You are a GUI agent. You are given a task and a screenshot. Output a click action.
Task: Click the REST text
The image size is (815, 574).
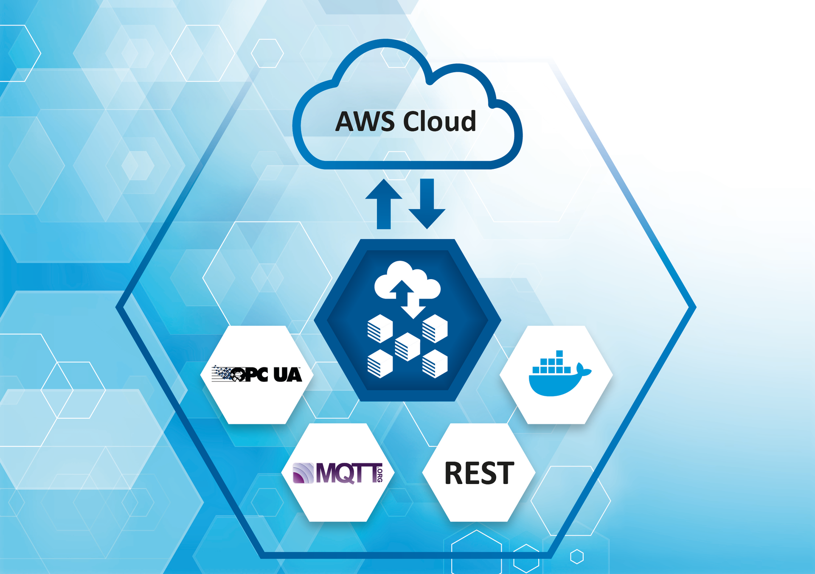click(479, 473)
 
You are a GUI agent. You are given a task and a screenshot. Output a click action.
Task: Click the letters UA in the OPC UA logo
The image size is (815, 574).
click(287, 375)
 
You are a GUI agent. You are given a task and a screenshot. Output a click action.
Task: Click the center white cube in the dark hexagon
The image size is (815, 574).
click(407, 346)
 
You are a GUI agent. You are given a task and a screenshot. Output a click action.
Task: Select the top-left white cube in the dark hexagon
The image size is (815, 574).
click(380, 328)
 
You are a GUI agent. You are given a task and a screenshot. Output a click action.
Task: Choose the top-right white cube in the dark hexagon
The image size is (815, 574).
click(435, 328)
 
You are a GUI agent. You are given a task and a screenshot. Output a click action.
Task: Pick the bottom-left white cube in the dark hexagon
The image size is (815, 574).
click(380, 364)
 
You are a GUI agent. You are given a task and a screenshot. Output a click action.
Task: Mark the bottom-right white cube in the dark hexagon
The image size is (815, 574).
click(435, 364)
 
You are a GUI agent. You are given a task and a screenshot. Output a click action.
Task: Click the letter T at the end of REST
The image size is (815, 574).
click(506, 473)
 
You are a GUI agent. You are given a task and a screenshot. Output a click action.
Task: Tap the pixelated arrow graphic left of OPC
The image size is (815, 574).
click(222, 373)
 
